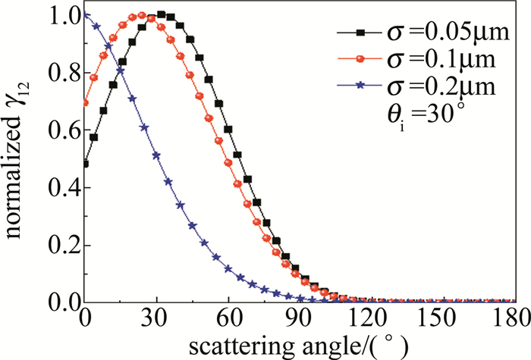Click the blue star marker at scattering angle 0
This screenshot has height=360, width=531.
(x=86, y=14)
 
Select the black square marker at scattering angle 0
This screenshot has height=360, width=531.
(x=86, y=164)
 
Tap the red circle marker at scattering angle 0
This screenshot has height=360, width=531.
(x=86, y=103)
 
